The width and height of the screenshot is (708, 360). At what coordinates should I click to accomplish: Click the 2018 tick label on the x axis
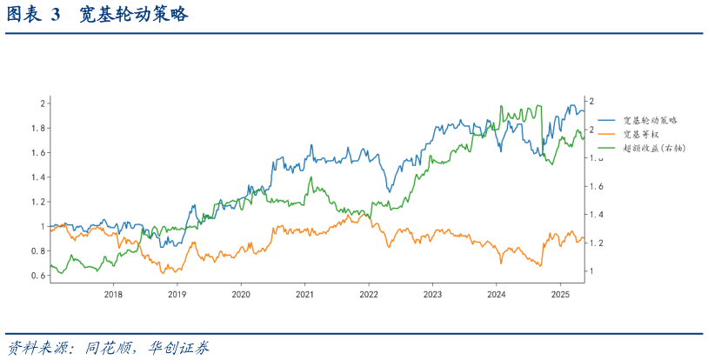click(113, 294)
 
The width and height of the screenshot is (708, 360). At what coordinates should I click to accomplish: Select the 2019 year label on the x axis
click(177, 294)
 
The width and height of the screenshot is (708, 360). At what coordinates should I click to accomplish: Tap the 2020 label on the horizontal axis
click(241, 294)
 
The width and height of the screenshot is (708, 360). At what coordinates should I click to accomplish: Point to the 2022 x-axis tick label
click(369, 294)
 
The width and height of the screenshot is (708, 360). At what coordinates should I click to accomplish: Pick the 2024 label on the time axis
click(496, 294)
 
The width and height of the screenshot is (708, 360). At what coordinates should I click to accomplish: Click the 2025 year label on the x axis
click(560, 294)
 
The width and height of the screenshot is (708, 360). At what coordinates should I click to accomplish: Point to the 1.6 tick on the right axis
click(595, 186)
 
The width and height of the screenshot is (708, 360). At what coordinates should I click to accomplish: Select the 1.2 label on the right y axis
click(595, 243)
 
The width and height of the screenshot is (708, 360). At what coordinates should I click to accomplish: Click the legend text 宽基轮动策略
click(650, 120)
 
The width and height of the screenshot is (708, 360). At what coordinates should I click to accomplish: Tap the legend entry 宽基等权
click(641, 134)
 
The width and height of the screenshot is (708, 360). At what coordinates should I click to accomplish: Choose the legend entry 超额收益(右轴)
click(654, 148)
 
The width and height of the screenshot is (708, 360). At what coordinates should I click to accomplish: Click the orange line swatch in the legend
click(606, 134)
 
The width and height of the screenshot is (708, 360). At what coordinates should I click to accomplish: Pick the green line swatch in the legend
click(606, 148)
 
